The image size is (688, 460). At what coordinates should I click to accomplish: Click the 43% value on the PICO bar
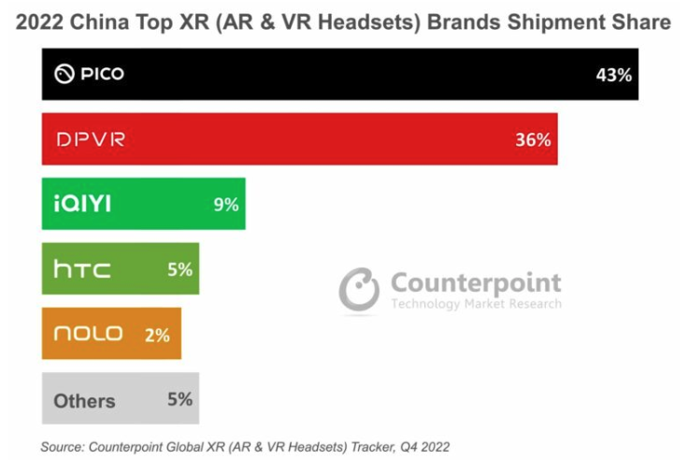(613, 75)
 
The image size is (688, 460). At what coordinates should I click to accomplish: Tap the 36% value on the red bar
(532, 140)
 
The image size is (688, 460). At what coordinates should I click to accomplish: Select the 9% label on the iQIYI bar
(225, 204)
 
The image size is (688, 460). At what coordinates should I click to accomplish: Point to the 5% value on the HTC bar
(179, 269)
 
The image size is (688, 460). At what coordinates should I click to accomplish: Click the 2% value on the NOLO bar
(157, 335)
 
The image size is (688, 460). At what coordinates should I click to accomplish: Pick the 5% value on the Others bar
(179, 399)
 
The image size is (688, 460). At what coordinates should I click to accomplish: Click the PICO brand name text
(101, 74)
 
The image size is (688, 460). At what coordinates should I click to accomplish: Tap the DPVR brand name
(90, 140)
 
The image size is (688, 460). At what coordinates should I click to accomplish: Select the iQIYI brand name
(82, 204)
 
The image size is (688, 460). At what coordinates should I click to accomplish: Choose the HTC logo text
(82, 270)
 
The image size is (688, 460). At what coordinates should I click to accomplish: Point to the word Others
(84, 401)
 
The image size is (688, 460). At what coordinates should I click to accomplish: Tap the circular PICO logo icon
(64, 74)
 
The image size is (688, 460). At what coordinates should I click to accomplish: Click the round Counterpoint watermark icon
(359, 290)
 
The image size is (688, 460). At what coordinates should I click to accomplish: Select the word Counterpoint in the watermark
(476, 282)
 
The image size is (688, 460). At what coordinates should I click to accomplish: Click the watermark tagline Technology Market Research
(476, 304)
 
